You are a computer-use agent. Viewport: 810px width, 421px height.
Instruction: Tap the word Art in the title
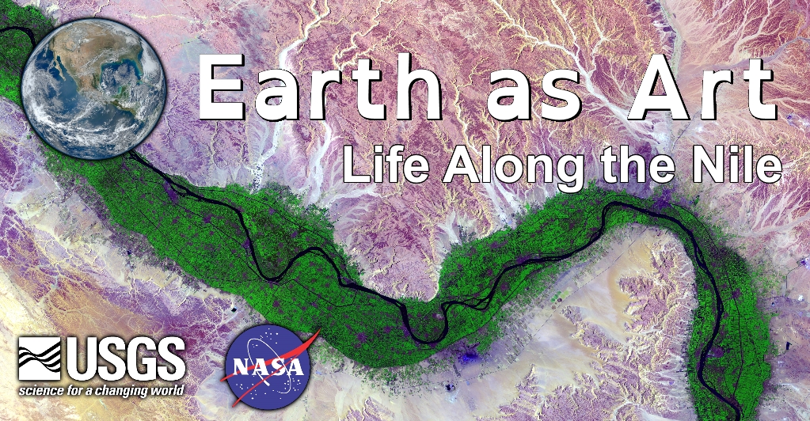click(702, 86)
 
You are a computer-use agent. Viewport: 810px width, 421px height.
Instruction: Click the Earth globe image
click(93, 89)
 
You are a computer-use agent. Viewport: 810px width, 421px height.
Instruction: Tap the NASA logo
click(268, 366)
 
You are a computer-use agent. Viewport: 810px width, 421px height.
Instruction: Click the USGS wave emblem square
click(40, 358)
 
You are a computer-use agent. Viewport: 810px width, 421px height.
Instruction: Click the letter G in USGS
click(140, 358)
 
